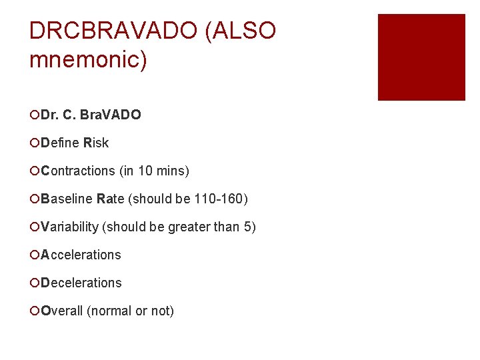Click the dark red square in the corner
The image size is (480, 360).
(x=421, y=57)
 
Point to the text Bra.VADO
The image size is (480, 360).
(x=110, y=115)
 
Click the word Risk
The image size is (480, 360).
(x=96, y=143)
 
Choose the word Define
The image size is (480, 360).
(x=61, y=143)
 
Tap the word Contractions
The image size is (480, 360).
(x=78, y=171)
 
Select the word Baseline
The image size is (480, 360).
(x=67, y=199)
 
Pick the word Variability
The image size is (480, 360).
(x=69, y=227)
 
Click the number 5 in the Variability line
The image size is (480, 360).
(x=249, y=227)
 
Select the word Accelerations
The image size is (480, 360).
(x=81, y=255)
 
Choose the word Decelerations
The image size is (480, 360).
(x=81, y=283)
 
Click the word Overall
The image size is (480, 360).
(x=62, y=311)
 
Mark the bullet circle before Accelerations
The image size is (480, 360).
(x=35, y=255)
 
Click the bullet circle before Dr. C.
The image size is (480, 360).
(x=35, y=115)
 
